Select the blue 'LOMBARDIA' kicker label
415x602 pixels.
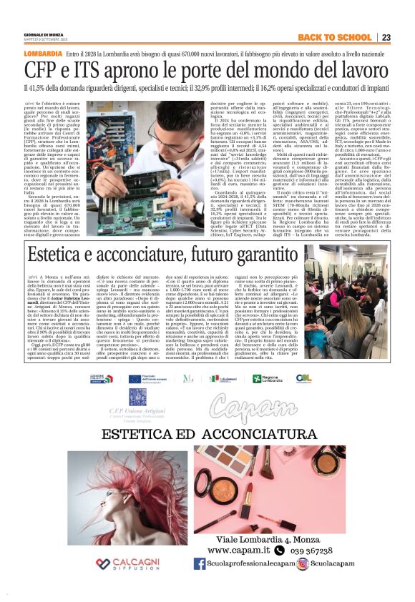pyautogui.click(x=42, y=54)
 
